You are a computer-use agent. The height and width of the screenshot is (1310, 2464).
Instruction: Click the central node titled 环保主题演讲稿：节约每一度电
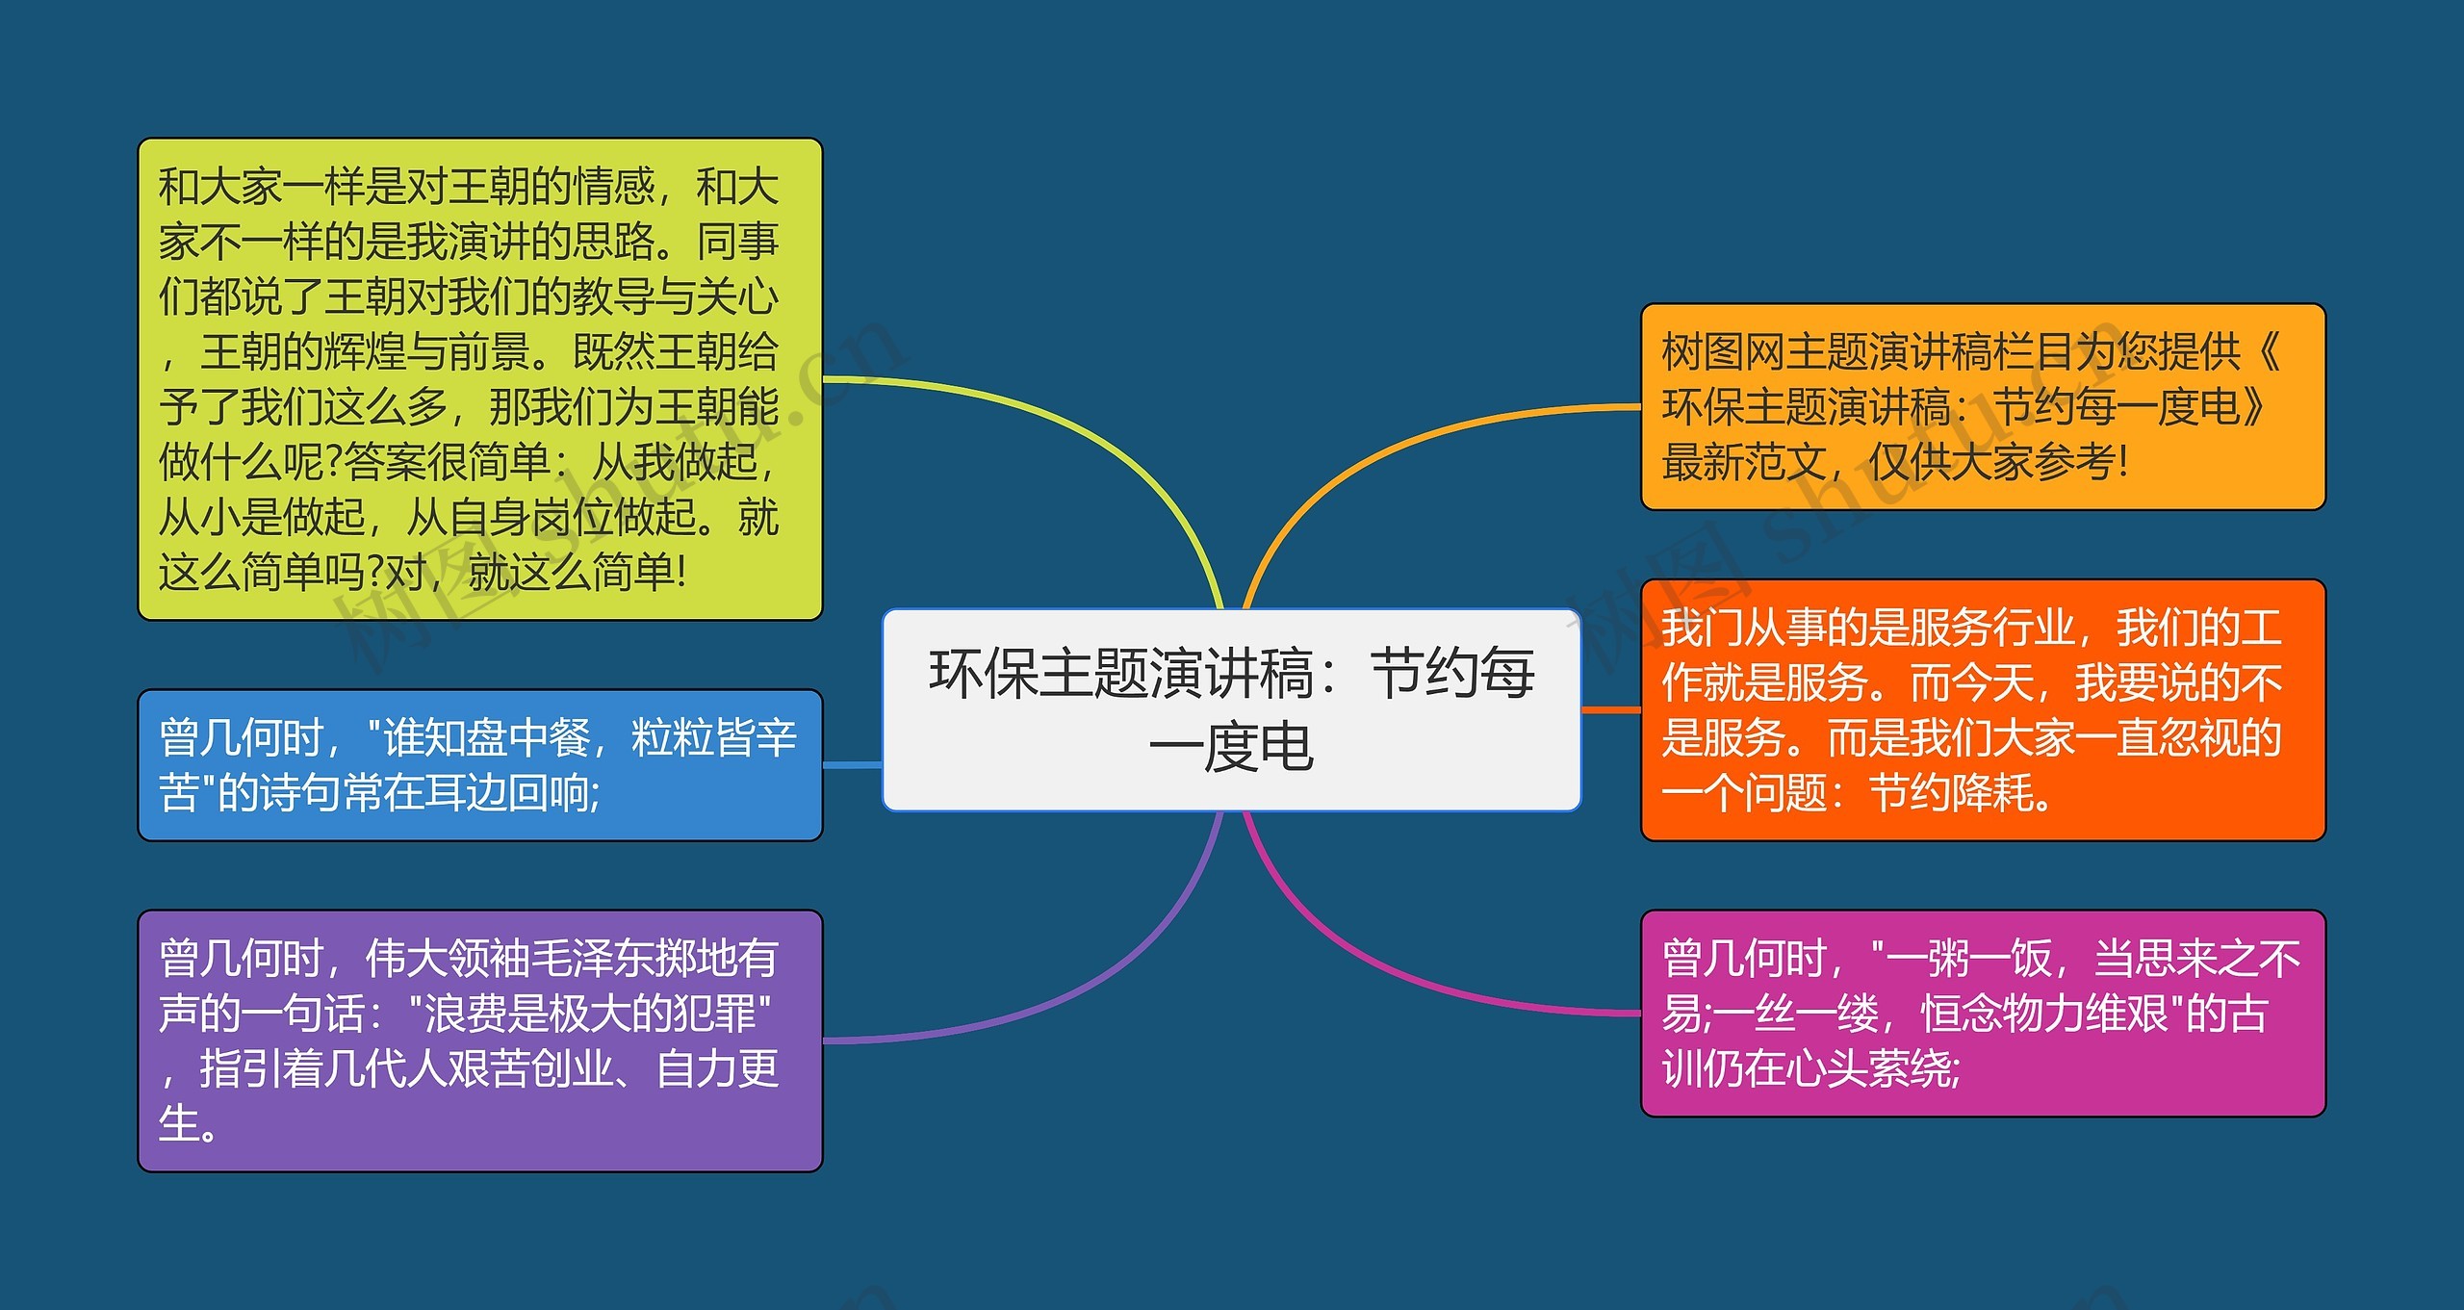pyautogui.click(x=1231, y=709)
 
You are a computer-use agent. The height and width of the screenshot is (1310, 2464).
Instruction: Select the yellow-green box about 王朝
pyautogui.click(x=479, y=378)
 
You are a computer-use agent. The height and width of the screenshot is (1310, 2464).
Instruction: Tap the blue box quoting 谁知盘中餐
pyautogui.click(x=479, y=765)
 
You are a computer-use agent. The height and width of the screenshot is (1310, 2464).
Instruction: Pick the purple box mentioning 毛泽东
pyautogui.click(x=479, y=1040)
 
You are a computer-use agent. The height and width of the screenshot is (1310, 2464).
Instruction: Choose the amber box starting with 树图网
pyautogui.click(x=1982, y=406)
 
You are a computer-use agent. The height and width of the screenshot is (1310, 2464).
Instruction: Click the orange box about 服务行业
pyautogui.click(x=1982, y=709)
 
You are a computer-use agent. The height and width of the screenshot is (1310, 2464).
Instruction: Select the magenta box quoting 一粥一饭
pyautogui.click(x=1982, y=1013)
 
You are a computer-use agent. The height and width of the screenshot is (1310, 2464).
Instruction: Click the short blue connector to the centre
pyautogui.click(x=853, y=765)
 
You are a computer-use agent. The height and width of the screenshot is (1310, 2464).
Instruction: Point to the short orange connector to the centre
pyautogui.click(x=1610, y=709)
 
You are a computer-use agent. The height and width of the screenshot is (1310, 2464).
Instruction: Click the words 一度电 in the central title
pyautogui.click(x=1231, y=748)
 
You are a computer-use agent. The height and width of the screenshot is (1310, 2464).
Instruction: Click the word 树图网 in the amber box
pyautogui.click(x=1723, y=351)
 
